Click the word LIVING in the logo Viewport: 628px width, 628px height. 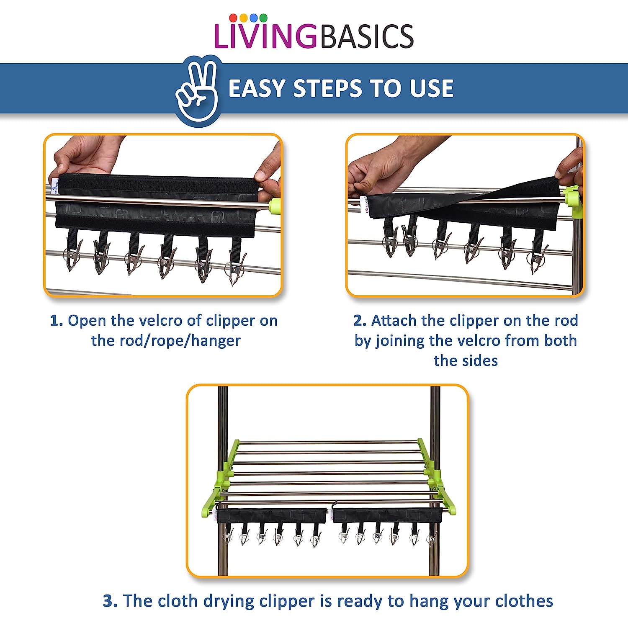(265, 36)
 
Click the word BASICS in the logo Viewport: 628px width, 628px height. (367, 36)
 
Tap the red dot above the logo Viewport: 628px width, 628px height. (233, 18)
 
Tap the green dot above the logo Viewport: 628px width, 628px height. (263, 18)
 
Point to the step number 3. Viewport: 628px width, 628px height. (110, 601)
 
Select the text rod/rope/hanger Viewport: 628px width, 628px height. (166, 341)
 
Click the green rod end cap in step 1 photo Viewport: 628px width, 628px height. (275, 206)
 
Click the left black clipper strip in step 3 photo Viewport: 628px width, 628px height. (271, 515)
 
